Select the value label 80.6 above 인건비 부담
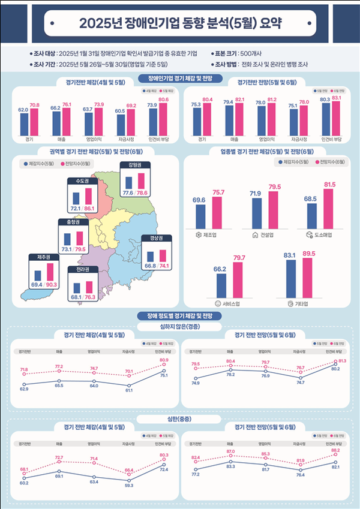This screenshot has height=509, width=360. (x=163, y=100)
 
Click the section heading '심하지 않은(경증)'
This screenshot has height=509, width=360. (x=179, y=326)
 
